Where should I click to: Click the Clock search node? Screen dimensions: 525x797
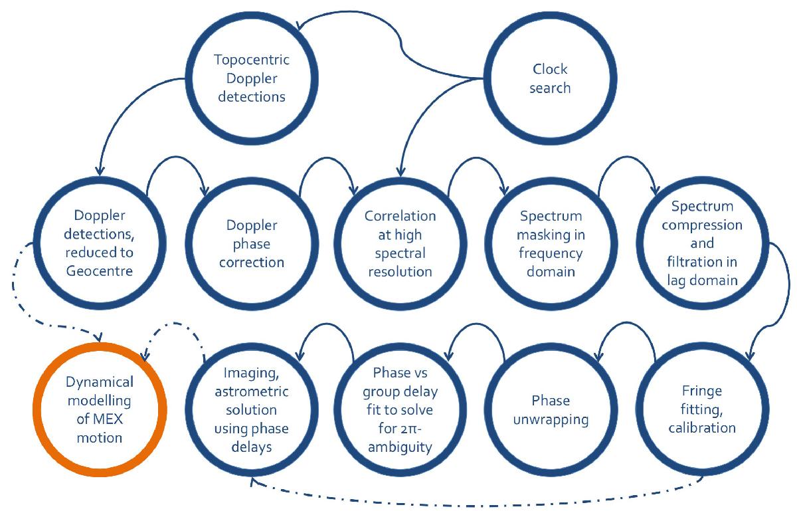coord(551,78)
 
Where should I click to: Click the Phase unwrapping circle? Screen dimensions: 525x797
coord(551,409)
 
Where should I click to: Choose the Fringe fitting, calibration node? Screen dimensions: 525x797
coord(701,409)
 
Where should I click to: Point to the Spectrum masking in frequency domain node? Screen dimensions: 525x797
coord(551,243)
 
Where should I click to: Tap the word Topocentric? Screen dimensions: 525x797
coord(252,60)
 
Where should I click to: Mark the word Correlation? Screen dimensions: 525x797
coord(400,216)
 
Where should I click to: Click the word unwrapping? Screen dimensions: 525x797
coord(551,419)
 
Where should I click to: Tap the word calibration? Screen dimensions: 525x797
coord(702,427)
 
